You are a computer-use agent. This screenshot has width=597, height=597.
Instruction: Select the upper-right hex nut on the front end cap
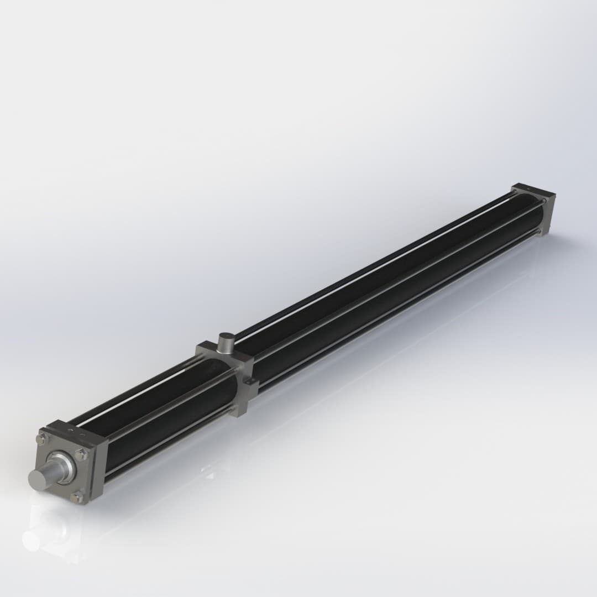81,454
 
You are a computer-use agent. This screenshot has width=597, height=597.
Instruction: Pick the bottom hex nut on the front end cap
77,498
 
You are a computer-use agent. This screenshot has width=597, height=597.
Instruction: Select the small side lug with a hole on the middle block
250,382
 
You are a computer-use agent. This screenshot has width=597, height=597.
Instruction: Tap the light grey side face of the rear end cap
549,213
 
